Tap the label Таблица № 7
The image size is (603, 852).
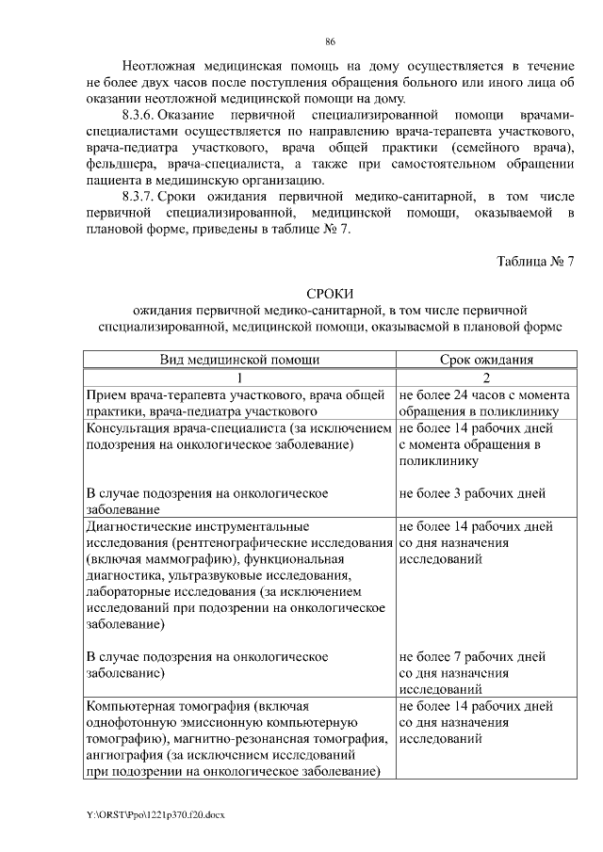tap(536, 261)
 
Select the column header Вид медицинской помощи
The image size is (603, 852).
tap(239, 360)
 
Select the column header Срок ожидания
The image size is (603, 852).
tap(487, 360)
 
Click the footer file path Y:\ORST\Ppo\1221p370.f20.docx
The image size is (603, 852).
tap(155, 812)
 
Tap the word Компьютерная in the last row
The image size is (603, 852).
tap(129, 705)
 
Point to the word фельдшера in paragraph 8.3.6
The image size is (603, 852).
tap(117, 163)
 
